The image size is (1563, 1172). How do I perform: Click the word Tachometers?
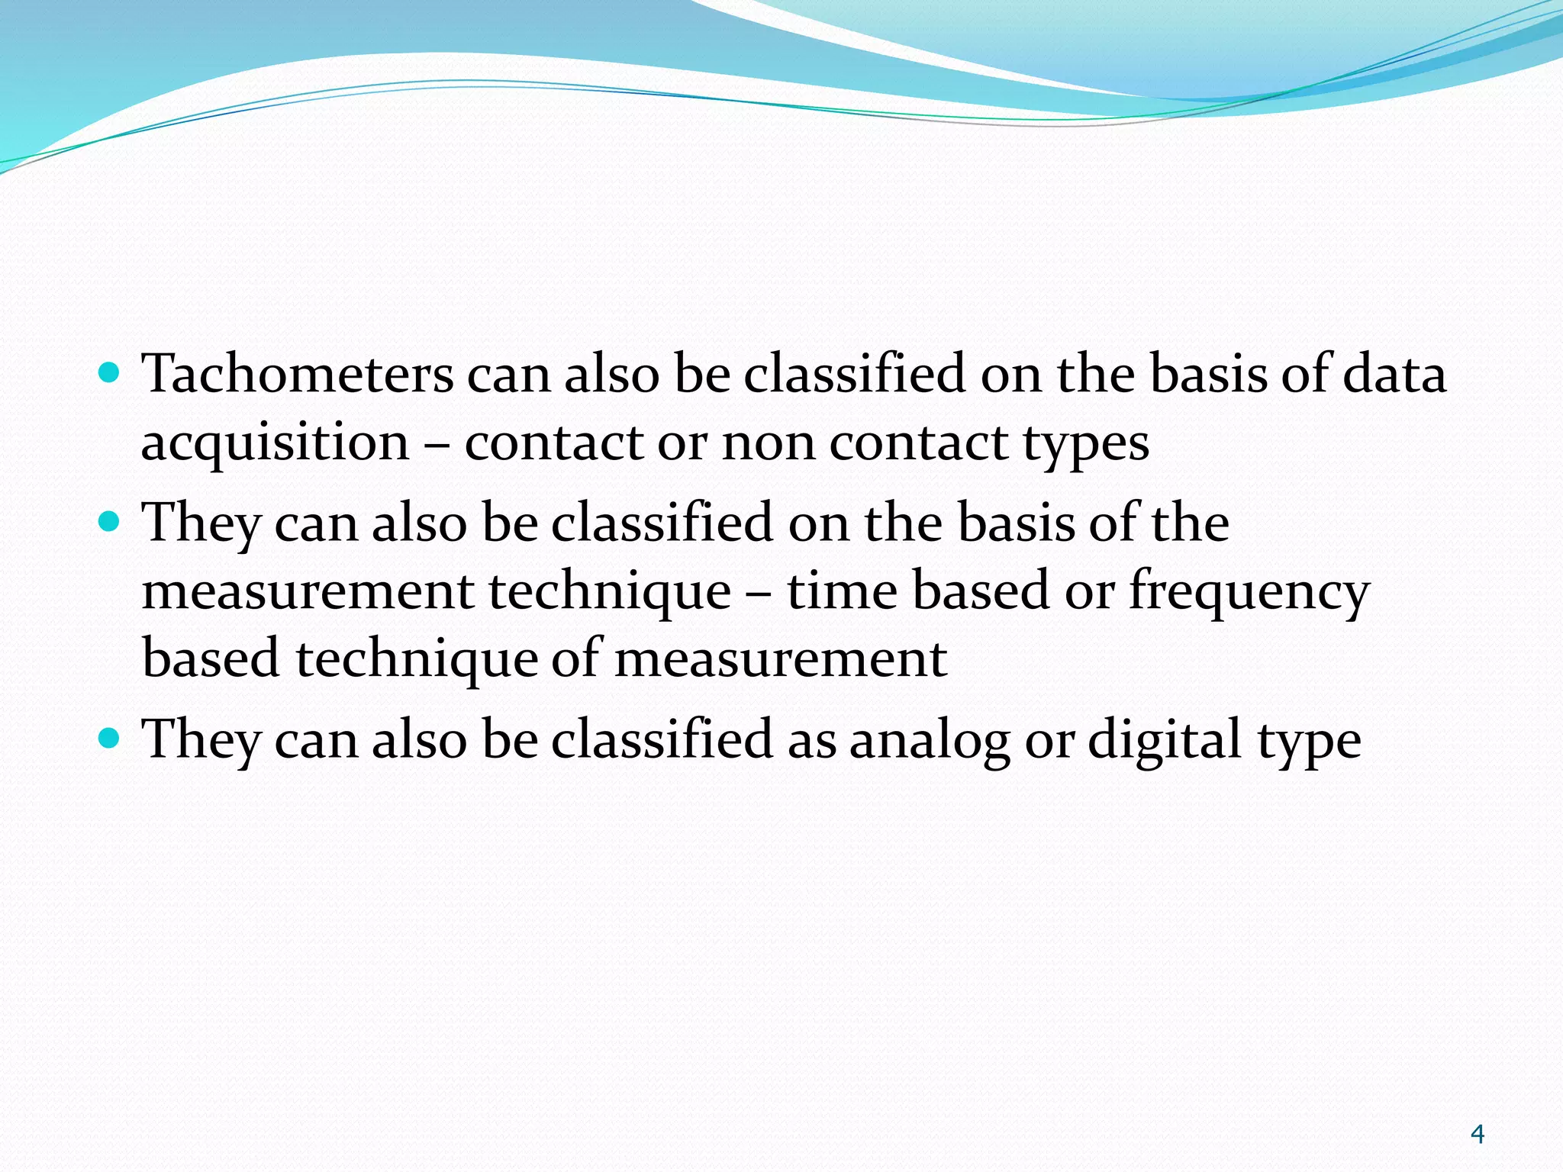pos(298,375)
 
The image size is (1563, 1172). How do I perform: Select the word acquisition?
pos(276,443)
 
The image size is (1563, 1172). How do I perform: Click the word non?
pos(769,443)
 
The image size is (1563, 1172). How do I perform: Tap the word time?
pos(842,591)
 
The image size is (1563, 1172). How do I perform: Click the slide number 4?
pos(1477,1135)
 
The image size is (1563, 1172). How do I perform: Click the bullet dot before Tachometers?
pos(110,373)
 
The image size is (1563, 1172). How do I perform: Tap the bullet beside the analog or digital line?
pos(110,738)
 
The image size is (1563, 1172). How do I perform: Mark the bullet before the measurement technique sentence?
pos(110,522)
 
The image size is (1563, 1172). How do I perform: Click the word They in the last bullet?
pos(201,740)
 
